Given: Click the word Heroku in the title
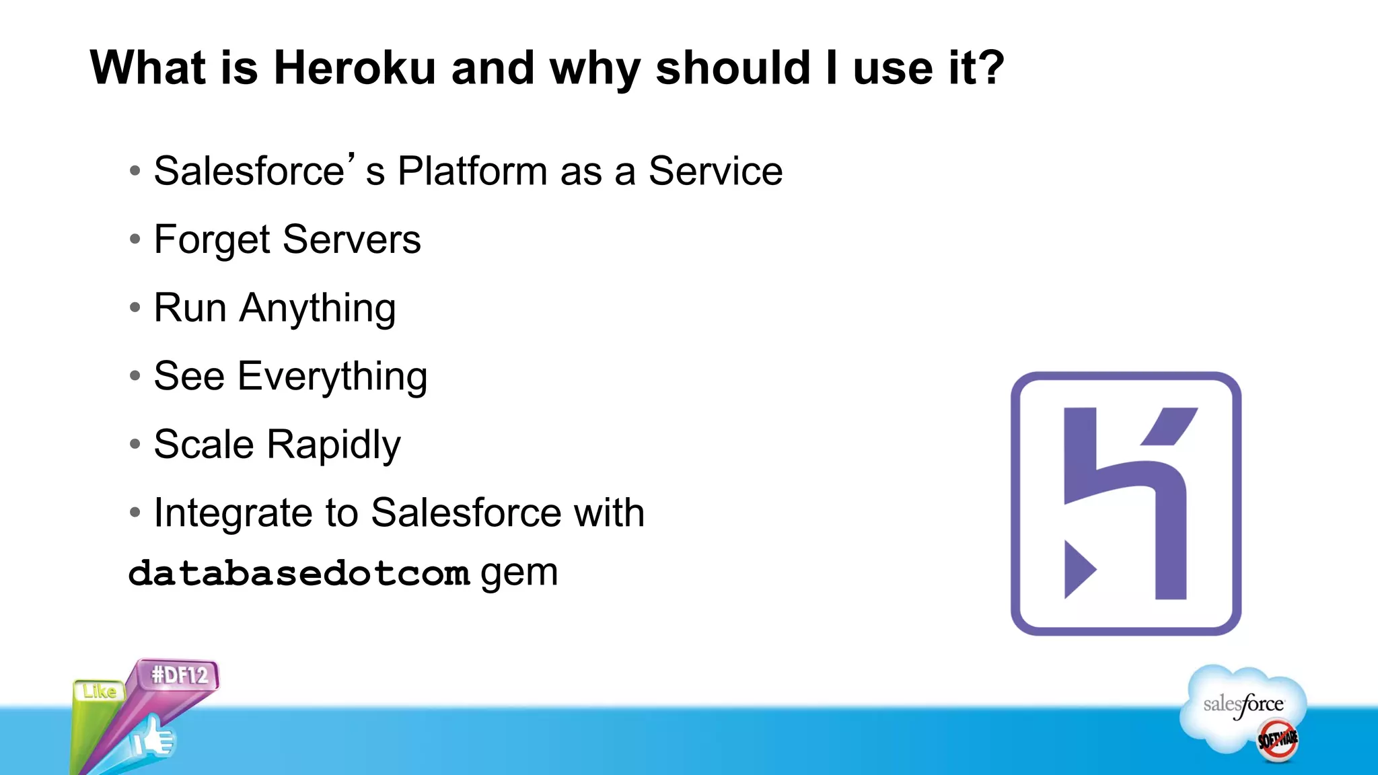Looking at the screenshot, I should pos(355,68).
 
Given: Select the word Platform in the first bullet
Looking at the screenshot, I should pos(472,171).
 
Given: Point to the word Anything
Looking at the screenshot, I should pos(318,309).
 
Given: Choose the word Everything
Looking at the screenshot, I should pos(332,377).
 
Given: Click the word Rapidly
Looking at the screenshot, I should pos(334,445).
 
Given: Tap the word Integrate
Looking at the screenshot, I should pos(233,513).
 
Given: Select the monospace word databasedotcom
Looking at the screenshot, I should pos(299,574).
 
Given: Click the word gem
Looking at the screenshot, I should pos(519,573).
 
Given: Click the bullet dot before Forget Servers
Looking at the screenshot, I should pos(135,239).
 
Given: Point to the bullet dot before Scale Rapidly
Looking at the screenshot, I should pos(135,444).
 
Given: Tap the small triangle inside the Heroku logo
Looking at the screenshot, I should pos(1078,569).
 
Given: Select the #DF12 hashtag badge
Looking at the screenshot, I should pos(179,675).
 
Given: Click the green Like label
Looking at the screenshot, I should pos(99,691).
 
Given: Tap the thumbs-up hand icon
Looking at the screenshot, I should pos(155,738).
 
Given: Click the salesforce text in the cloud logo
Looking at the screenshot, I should pos(1243,704).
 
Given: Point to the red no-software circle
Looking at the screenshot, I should pos(1277,740).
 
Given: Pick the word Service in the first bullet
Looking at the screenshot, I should pos(715,171).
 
